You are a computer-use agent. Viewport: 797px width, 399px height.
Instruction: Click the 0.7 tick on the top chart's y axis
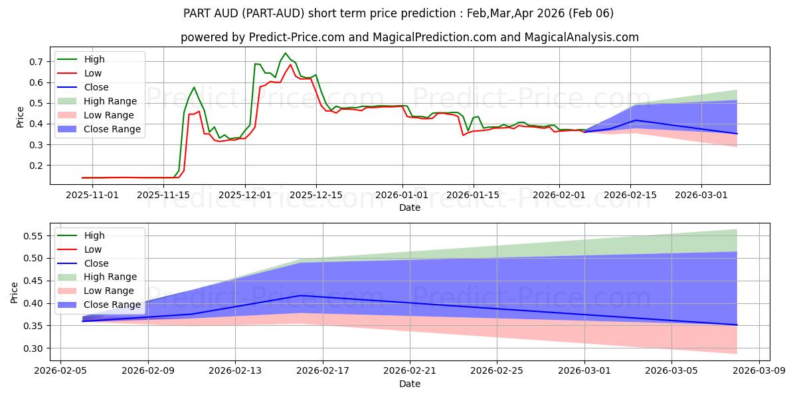pyautogui.click(x=37, y=61)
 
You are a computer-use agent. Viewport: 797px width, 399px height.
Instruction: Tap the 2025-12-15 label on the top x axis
pyautogui.click(x=315, y=195)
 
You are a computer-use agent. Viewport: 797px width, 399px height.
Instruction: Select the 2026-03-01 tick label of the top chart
pyautogui.click(x=701, y=195)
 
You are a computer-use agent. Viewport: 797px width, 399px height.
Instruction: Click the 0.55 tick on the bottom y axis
pyautogui.click(x=34, y=236)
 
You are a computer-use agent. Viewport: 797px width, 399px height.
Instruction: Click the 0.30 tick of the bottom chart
pyautogui.click(x=34, y=348)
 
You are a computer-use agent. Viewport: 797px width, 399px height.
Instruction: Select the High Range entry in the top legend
pyautogui.click(x=110, y=101)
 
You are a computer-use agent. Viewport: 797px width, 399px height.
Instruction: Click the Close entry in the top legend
pyautogui.click(x=96, y=87)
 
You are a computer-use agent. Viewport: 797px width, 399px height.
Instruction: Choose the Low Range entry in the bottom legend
pyautogui.click(x=110, y=291)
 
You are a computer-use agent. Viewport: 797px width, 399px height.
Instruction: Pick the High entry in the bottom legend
pyautogui.click(x=94, y=235)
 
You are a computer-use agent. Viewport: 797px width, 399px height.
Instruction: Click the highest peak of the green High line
pyautogui.click(x=286, y=53)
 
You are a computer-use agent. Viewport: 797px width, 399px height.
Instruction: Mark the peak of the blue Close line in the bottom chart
pyautogui.click(x=301, y=295)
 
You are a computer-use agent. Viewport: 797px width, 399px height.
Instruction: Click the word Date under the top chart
pyautogui.click(x=409, y=207)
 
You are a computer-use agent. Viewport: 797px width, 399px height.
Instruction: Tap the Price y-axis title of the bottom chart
pyautogui.click(x=15, y=293)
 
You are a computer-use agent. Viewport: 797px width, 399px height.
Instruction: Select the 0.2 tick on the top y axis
pyautogui.click(x=37, y=165)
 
